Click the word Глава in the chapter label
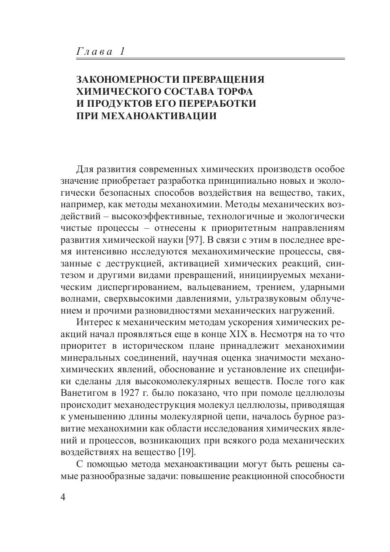[95, 52]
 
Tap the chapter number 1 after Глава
[122, 52]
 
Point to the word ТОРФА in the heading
[228, 92]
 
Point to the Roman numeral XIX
[253, 334]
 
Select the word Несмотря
[294, 334]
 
